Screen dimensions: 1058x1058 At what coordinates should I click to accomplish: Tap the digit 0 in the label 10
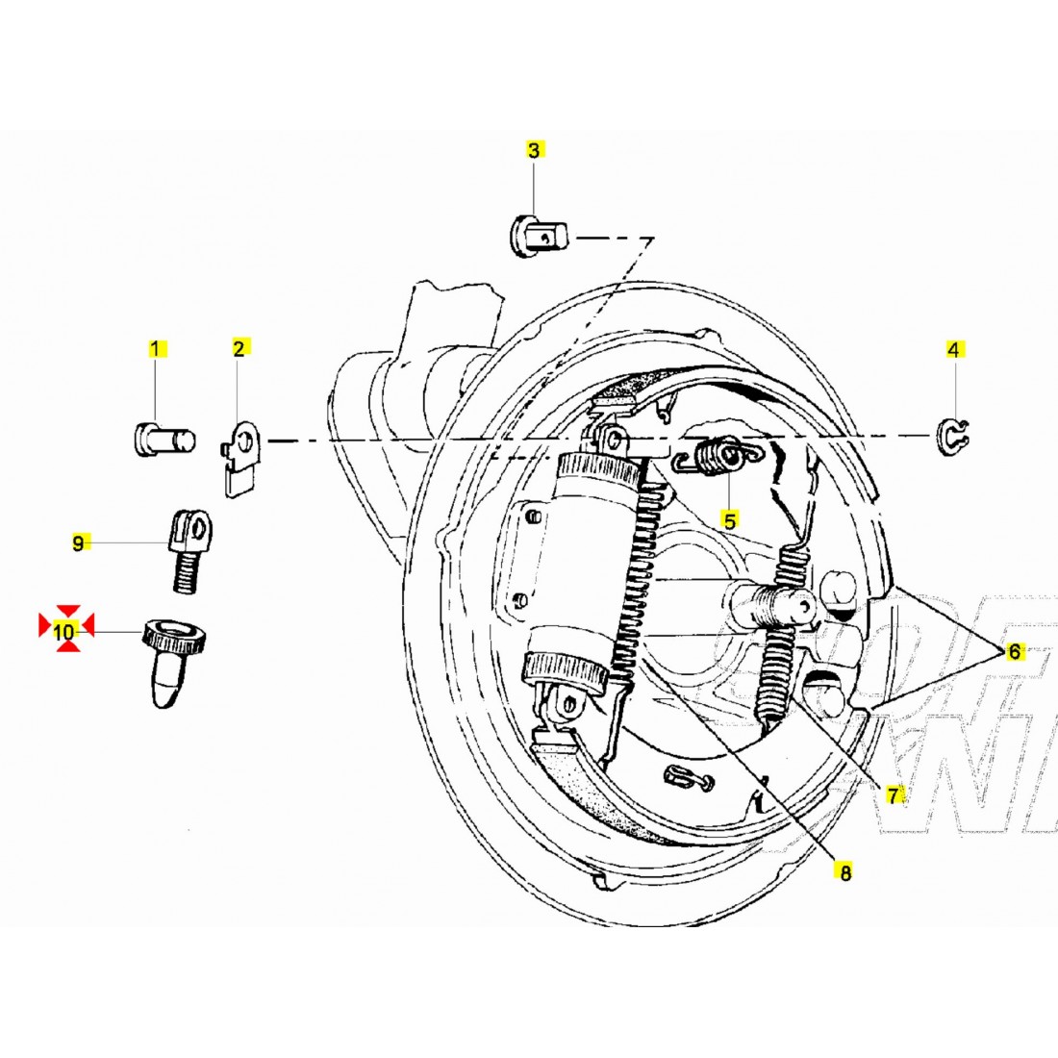(71, 632)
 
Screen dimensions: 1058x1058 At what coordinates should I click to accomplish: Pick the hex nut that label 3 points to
(539, 237)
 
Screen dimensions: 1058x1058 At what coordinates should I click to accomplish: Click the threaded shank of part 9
(182, 570)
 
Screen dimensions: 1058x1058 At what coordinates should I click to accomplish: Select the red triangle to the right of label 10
(87, 625)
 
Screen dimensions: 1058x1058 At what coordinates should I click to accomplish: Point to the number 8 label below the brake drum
(844, 872)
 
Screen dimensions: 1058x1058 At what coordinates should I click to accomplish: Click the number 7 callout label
(894, 795)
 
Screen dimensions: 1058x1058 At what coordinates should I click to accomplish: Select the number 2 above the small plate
(239, 348)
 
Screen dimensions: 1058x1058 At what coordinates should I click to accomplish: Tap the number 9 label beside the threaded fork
(78, 543)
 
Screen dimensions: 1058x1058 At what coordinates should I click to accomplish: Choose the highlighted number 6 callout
(1015, 652)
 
